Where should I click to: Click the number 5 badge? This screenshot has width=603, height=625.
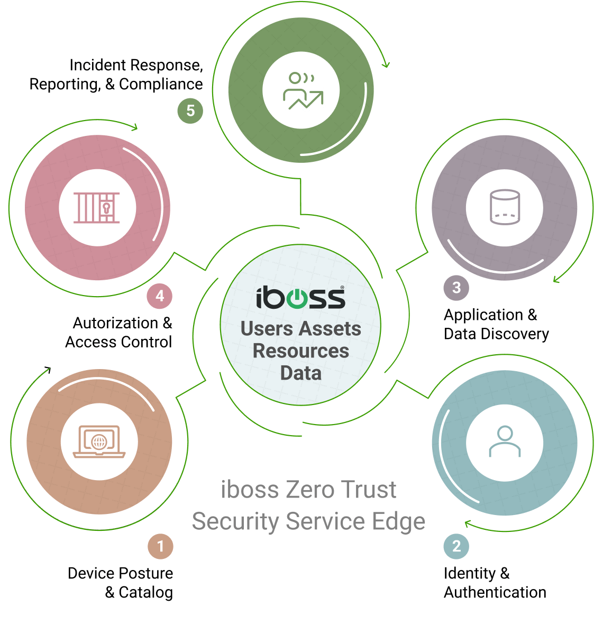tap(190, 111)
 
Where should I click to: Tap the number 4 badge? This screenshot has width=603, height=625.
tap(160, 296)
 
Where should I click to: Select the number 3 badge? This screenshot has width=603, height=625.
tap(456, 288)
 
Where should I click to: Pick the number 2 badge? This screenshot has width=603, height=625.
tap(456, 546)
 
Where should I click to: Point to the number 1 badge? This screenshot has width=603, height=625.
tap(160, 546)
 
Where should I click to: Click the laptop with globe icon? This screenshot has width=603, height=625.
tap(99, 441)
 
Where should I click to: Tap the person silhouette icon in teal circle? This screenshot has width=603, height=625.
tap(505, 441)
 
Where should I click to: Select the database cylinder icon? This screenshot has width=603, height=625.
tap(505, 207)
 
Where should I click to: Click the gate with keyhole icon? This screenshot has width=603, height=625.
tap(96, 208)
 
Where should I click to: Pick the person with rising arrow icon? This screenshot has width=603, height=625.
tap(303, 91)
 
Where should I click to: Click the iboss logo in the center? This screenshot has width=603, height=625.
tap(300, 298)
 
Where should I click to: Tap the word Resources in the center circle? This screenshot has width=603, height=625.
tap(300, 351)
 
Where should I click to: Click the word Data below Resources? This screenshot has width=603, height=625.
tap(300, 373)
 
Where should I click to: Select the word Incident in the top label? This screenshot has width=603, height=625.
tap(98, 65)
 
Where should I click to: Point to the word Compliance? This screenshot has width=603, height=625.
tap(161, 84)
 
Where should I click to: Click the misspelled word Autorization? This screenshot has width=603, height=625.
tap(116, 323)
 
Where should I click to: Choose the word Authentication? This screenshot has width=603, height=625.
tap(495, 592)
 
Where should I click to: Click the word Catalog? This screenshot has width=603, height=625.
tap(145, 593)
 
